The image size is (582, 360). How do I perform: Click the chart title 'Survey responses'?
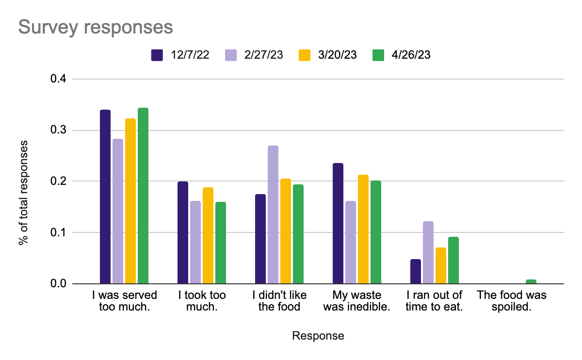tap(96, 27)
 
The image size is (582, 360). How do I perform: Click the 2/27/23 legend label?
tap(264, 55)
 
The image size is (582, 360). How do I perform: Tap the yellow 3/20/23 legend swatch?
tap(304, 55)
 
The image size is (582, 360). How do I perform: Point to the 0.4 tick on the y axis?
tap(60, 79)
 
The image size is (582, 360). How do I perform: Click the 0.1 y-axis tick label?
tap(60, 232)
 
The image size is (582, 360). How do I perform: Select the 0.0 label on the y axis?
tap(60, 284)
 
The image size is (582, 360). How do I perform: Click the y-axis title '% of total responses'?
tap(23, 193)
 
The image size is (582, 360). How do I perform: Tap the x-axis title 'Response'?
tap(318, 336)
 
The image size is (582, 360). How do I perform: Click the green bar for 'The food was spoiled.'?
tap(531, 281)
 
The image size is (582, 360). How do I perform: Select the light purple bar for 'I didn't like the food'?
tap(273, 214)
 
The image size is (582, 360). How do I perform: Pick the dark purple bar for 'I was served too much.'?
tap(105, 196)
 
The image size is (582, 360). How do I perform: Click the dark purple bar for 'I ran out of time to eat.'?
tap(416, 271)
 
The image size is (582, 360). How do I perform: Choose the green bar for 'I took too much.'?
tap(221, 243)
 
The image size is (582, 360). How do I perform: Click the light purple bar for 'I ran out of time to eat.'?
tap(428, 252)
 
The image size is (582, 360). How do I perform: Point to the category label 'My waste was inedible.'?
tap(356, 301)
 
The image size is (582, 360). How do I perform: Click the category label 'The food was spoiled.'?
tap(512, 301)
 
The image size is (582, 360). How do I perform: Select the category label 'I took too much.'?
tap(202, 301)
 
